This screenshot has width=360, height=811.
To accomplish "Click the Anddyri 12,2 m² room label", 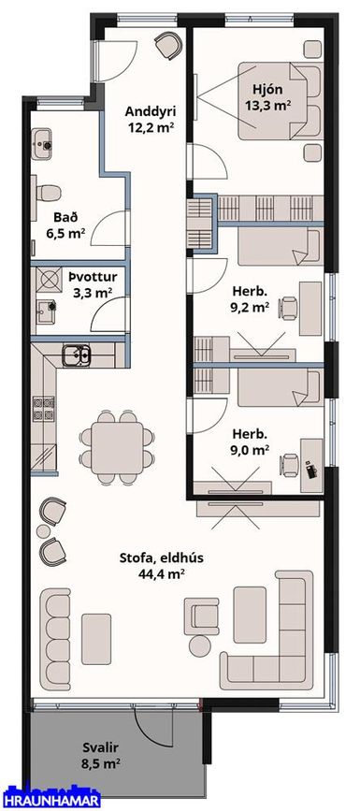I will click(x=151, y=119).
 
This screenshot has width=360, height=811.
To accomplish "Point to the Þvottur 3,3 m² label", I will click(x=92, y=284).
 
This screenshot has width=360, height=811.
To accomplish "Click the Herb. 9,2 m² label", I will click(x=250, y=297).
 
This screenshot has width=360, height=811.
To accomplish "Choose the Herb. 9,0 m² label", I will click(x=250, y=441).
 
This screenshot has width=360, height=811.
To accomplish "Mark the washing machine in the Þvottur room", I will click(x=47, y=280).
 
